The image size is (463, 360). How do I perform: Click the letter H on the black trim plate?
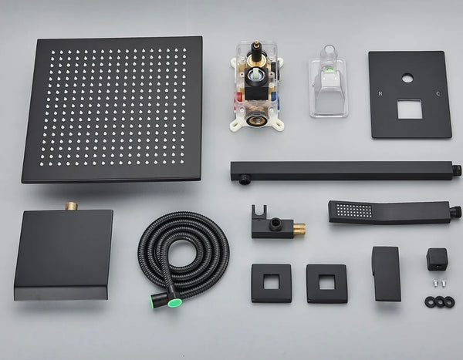pos(379,93)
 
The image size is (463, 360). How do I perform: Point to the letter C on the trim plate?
pos(438,94)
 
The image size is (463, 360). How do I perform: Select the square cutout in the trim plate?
pos(409,109)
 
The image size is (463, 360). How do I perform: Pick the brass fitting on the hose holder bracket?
pos(298,229)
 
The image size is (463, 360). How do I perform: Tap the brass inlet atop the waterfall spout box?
pos(71,207)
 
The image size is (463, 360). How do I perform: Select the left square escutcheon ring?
pos(271,283)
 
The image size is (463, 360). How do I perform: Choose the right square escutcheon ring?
pos(326,283)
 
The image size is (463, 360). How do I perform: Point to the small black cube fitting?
pos(437,257)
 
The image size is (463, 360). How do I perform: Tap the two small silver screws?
pos(439,284)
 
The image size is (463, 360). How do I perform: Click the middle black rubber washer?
pos(440,301)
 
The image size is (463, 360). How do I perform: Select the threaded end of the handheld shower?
pos(455,210)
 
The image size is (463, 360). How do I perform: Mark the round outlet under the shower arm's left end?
pos(244,179)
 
